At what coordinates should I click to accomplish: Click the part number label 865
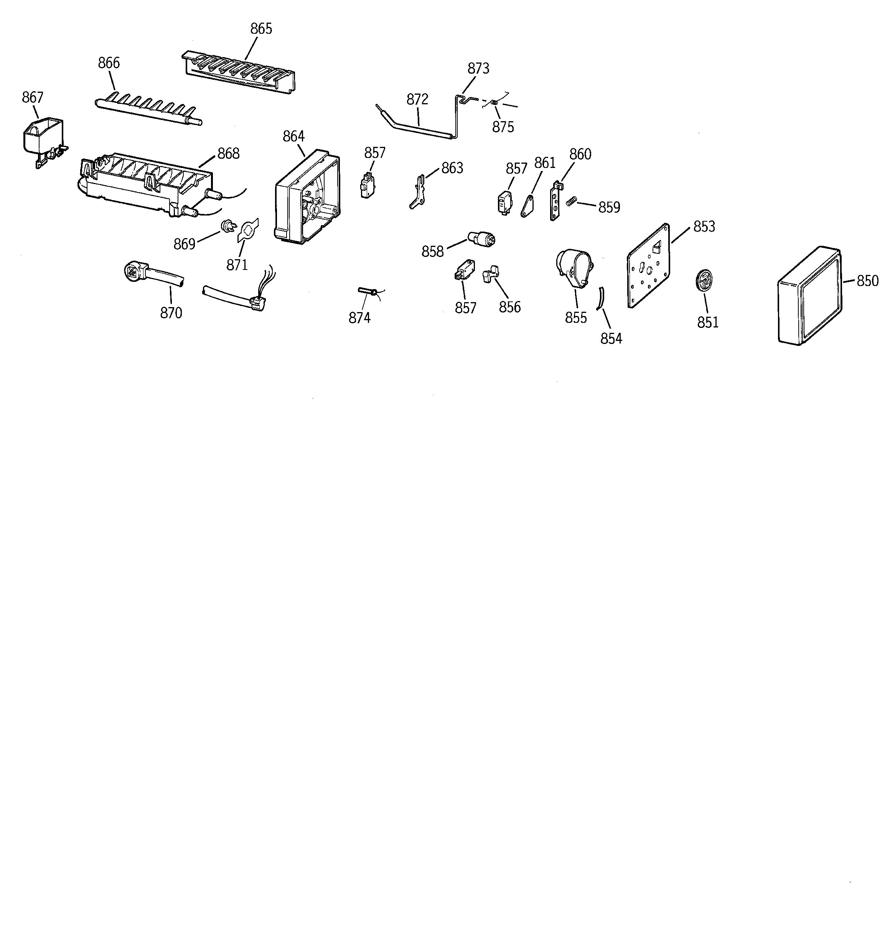pyautogui.click(x=261, y=29)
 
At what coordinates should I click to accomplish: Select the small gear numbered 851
pyautogui.click(x=703, y=279)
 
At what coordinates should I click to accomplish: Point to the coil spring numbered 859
pyautogui.click(x=570, y=202)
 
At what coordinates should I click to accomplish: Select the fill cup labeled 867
pyautogui.click(x=42, y=136)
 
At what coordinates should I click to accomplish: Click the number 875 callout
pyautogui.click(x=503, y=127)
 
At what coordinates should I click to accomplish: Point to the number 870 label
pyautogui.click(x=171, y=313)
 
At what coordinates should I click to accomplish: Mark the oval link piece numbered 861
pyautogui.click(x=527, y=207)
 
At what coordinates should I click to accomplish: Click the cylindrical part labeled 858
pyautogui.click(x=482, y=237)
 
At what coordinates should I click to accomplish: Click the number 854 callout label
pyautogui.click(x=611, y=339)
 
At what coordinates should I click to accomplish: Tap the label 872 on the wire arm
pyautogui.click(x=417, y=99)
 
